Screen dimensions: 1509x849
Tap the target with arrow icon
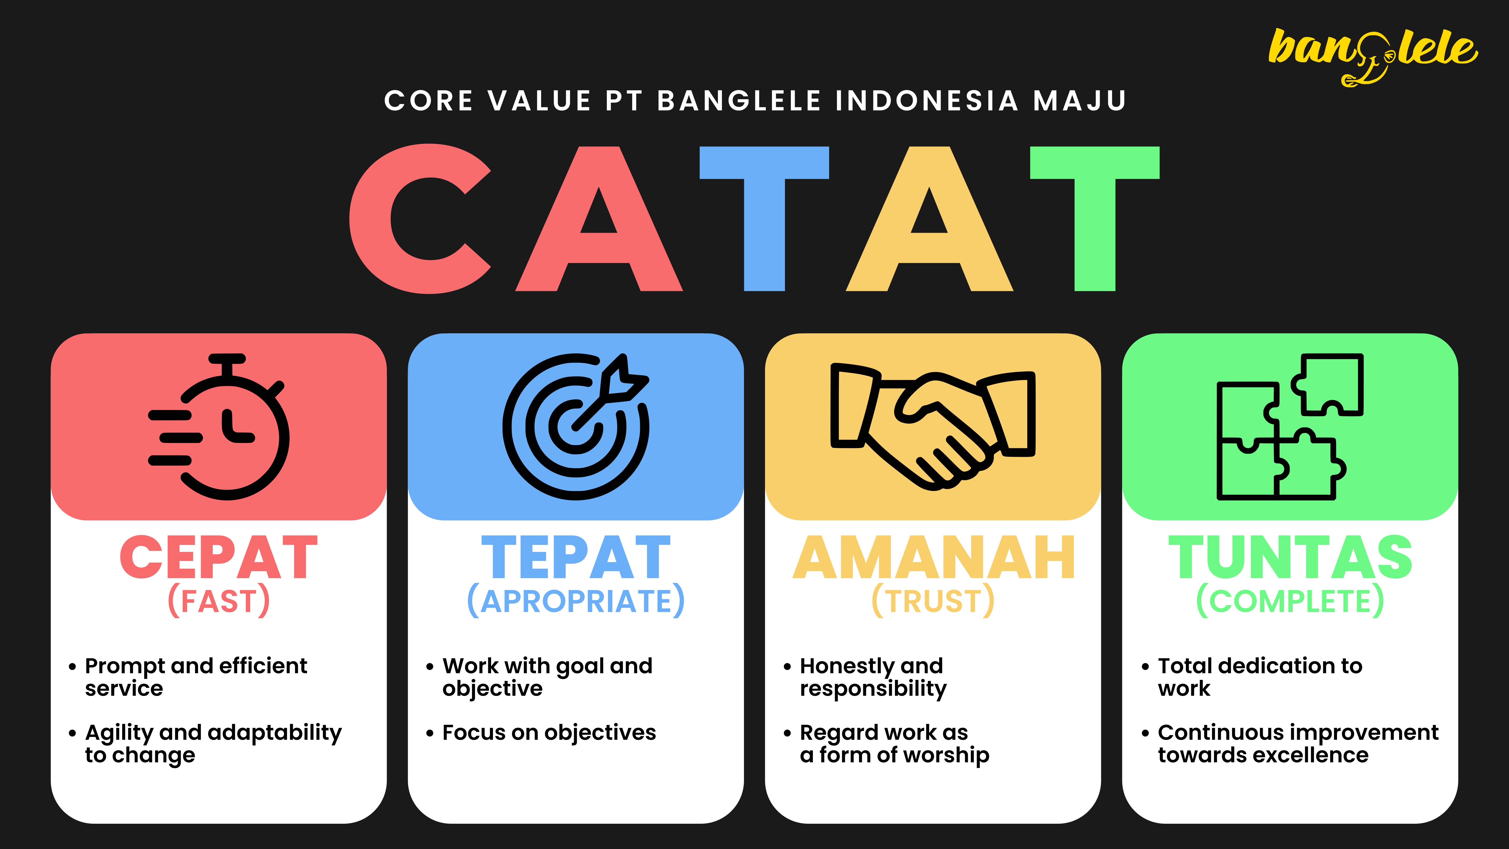(x=576, y=426)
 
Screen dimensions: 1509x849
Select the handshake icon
(x=933, y=426)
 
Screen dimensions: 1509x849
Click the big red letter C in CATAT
(x=420, y=219)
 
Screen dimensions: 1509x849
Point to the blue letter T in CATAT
(x=764, y=219)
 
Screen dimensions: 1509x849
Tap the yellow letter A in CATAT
(x=930, y=219)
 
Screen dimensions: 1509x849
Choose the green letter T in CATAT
(x=1095, y=219)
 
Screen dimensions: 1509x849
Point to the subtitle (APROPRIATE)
(x=576, y=601)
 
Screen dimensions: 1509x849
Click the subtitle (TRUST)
(x=933, y=601)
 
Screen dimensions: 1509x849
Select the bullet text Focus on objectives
(x=549, y=732)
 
